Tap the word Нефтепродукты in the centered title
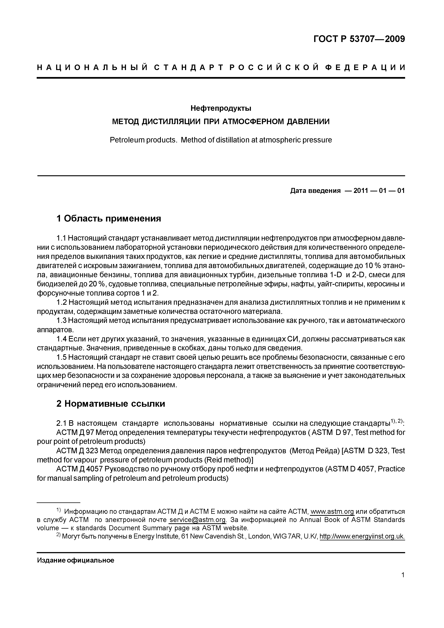pos(221,108)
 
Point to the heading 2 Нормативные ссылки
pos(111,404)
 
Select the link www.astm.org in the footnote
pos(332,512)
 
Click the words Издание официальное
pos(76,561)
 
